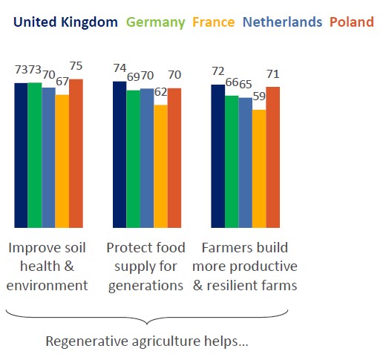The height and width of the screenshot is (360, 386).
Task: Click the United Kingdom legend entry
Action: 65,22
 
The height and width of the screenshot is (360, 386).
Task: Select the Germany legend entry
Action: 157,22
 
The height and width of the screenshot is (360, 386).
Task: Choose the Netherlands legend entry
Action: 283,22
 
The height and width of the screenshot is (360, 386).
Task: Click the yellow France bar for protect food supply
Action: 160,166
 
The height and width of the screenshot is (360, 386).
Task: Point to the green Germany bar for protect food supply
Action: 133,159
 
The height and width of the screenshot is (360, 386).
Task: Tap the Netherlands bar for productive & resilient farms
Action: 245,163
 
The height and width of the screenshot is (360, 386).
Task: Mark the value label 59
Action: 258,99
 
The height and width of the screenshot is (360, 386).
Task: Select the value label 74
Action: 119,68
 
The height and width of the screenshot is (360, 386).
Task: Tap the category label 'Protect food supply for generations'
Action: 145,266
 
